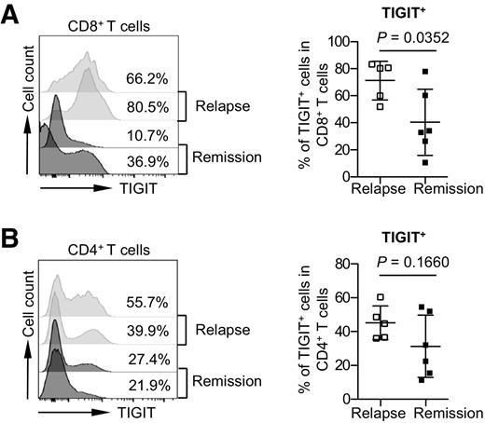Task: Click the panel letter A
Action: (x=12, y=15)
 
